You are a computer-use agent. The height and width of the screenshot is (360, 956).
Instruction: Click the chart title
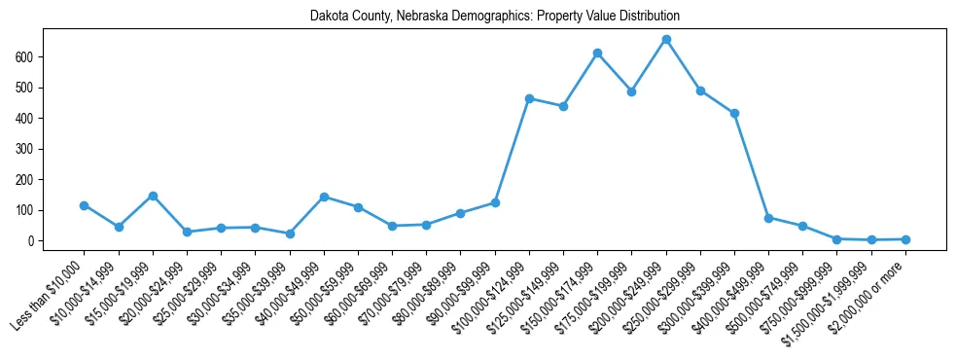[x=494, y=17]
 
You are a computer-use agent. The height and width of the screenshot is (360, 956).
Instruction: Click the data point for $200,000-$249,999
[x=666, y=39]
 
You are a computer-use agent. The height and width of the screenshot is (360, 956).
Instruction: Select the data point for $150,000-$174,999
[x=597, y=53]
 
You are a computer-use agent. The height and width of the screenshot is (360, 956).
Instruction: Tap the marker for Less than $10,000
[x=84, y=205]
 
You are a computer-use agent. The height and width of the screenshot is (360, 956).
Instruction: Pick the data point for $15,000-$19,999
[x=153, y=196]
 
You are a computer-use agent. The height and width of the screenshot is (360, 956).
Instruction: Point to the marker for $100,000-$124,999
[x=529, y=98]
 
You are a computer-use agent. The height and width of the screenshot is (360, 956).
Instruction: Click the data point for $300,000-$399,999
[x=734, y=113]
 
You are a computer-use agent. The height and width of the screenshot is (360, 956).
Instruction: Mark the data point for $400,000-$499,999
[x=768, y=218]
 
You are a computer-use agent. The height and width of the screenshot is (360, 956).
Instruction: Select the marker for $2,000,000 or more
[x=905, y=239]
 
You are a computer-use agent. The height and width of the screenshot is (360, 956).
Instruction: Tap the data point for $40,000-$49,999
[x=324, y=197]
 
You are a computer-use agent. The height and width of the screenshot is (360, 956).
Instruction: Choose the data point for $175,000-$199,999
[x=631, y=91]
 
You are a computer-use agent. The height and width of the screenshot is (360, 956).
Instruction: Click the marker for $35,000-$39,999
[x=290, y=234]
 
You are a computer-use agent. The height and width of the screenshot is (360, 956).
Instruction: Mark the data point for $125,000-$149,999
[x=563, y=106]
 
